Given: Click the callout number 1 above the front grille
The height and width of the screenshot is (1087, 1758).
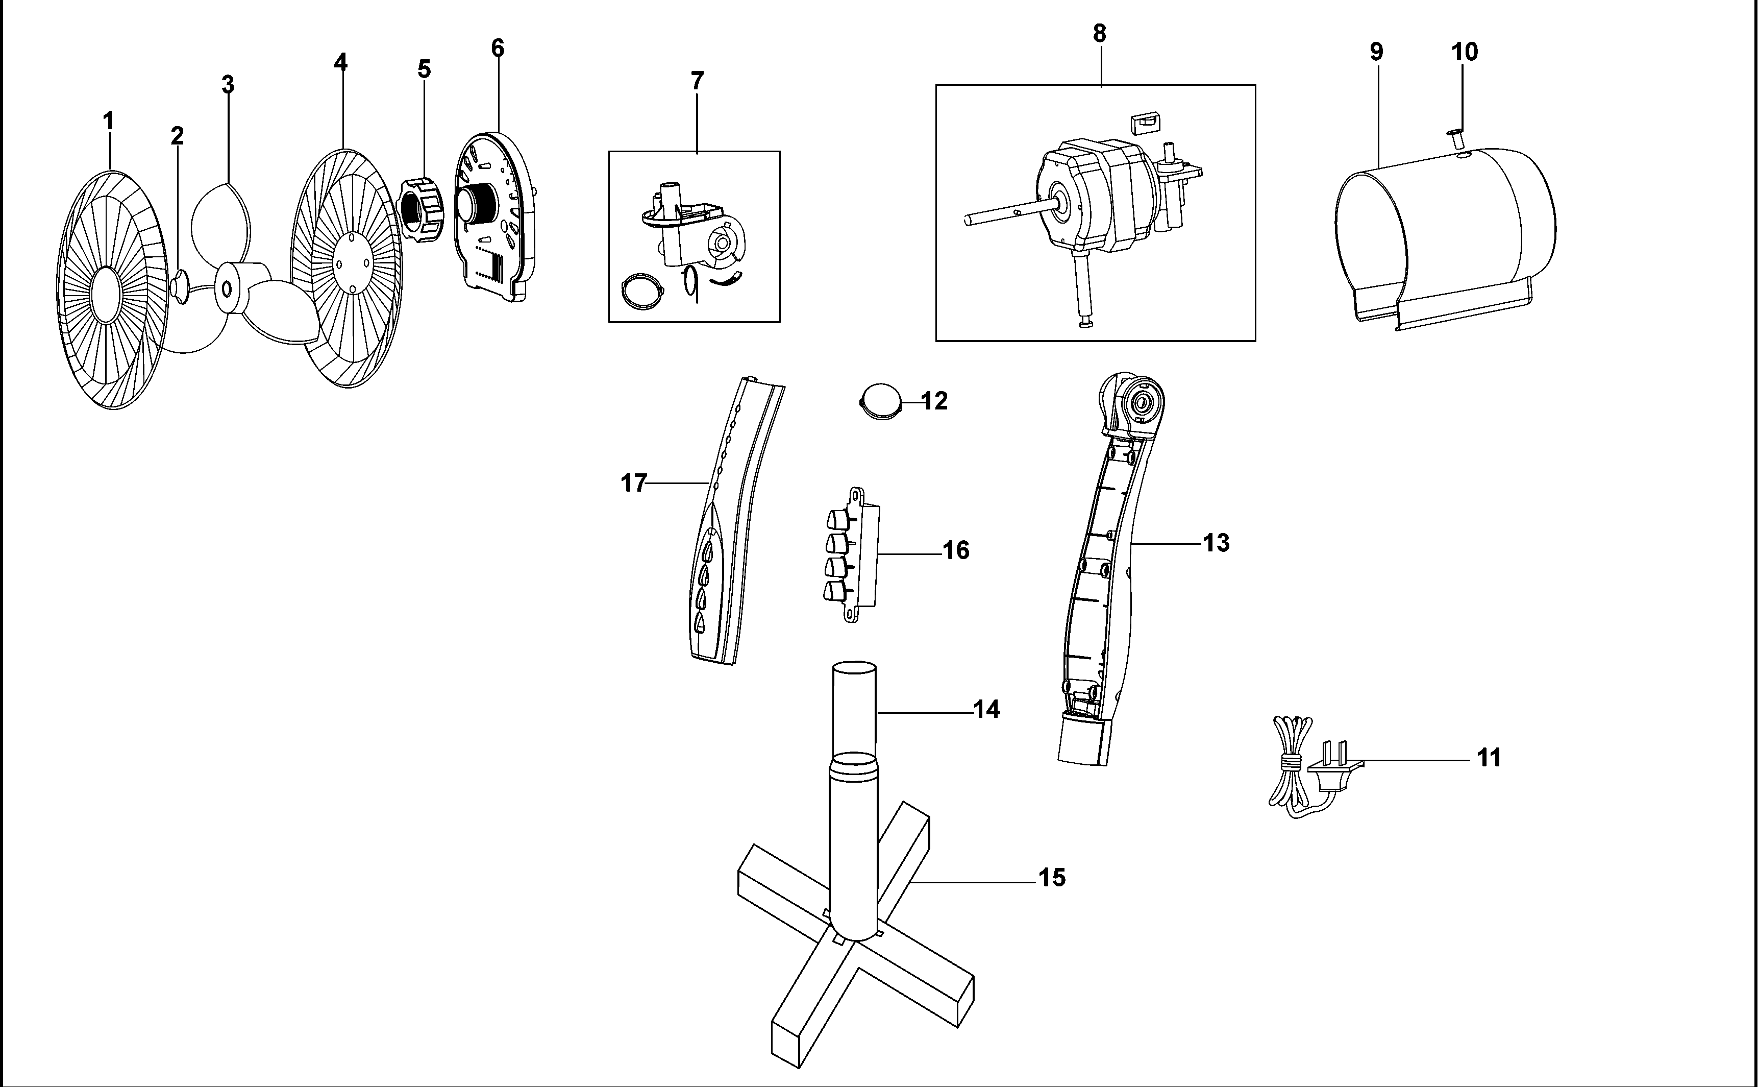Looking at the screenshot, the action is click(x=109, y=122).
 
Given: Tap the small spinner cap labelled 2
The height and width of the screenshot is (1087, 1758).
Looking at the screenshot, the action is click(x=179, y=286).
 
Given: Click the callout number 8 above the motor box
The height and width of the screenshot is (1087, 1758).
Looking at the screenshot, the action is click(x=1099, y=34).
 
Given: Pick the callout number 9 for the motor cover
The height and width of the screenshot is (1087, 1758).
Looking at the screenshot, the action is click(x=1376, y=52).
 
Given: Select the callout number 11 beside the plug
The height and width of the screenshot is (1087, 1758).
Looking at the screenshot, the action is click(x=1489, y=758).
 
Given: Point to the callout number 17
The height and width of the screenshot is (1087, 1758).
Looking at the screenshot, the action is click(x=634, y=483).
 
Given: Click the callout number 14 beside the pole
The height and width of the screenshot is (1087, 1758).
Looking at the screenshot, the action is click(x=987, y=710).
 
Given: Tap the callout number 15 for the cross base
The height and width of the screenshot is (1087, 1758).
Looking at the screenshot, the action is click(x=1052, y=878).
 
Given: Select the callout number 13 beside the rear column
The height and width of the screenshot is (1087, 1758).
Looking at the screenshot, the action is click(x=1216, y=543).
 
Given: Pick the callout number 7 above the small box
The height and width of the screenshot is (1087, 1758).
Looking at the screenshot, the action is click(x=697, y=81).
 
